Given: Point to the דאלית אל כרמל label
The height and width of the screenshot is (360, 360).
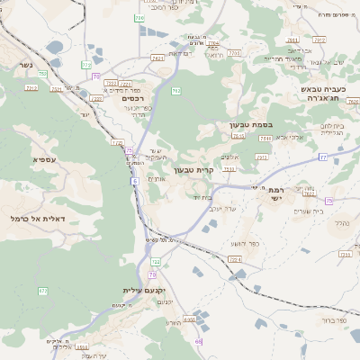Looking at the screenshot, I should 31,218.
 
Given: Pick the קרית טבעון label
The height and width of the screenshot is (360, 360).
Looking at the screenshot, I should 193,169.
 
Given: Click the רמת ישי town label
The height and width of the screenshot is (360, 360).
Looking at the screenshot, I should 274,193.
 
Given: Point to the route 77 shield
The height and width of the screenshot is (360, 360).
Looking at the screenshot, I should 322,157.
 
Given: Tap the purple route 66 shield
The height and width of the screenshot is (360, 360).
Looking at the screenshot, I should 199,341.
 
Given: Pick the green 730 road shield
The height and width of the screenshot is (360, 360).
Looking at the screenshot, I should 139,18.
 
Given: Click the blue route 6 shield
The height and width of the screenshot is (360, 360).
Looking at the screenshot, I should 134,181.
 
